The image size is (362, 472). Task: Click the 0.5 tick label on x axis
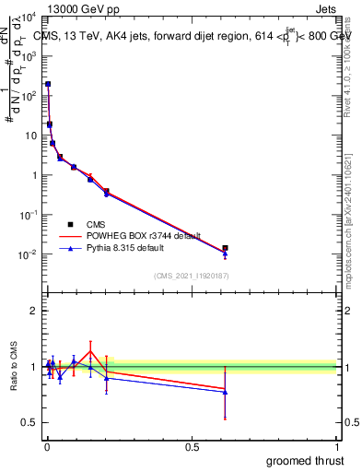[x=193, y=446]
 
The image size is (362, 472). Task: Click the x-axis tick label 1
[x=338, y=446]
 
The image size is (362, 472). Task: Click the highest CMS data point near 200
[x=48, y=84]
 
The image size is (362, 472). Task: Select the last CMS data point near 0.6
[x=225, y=248]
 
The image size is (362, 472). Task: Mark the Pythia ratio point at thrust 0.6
[x=225, y=392]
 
